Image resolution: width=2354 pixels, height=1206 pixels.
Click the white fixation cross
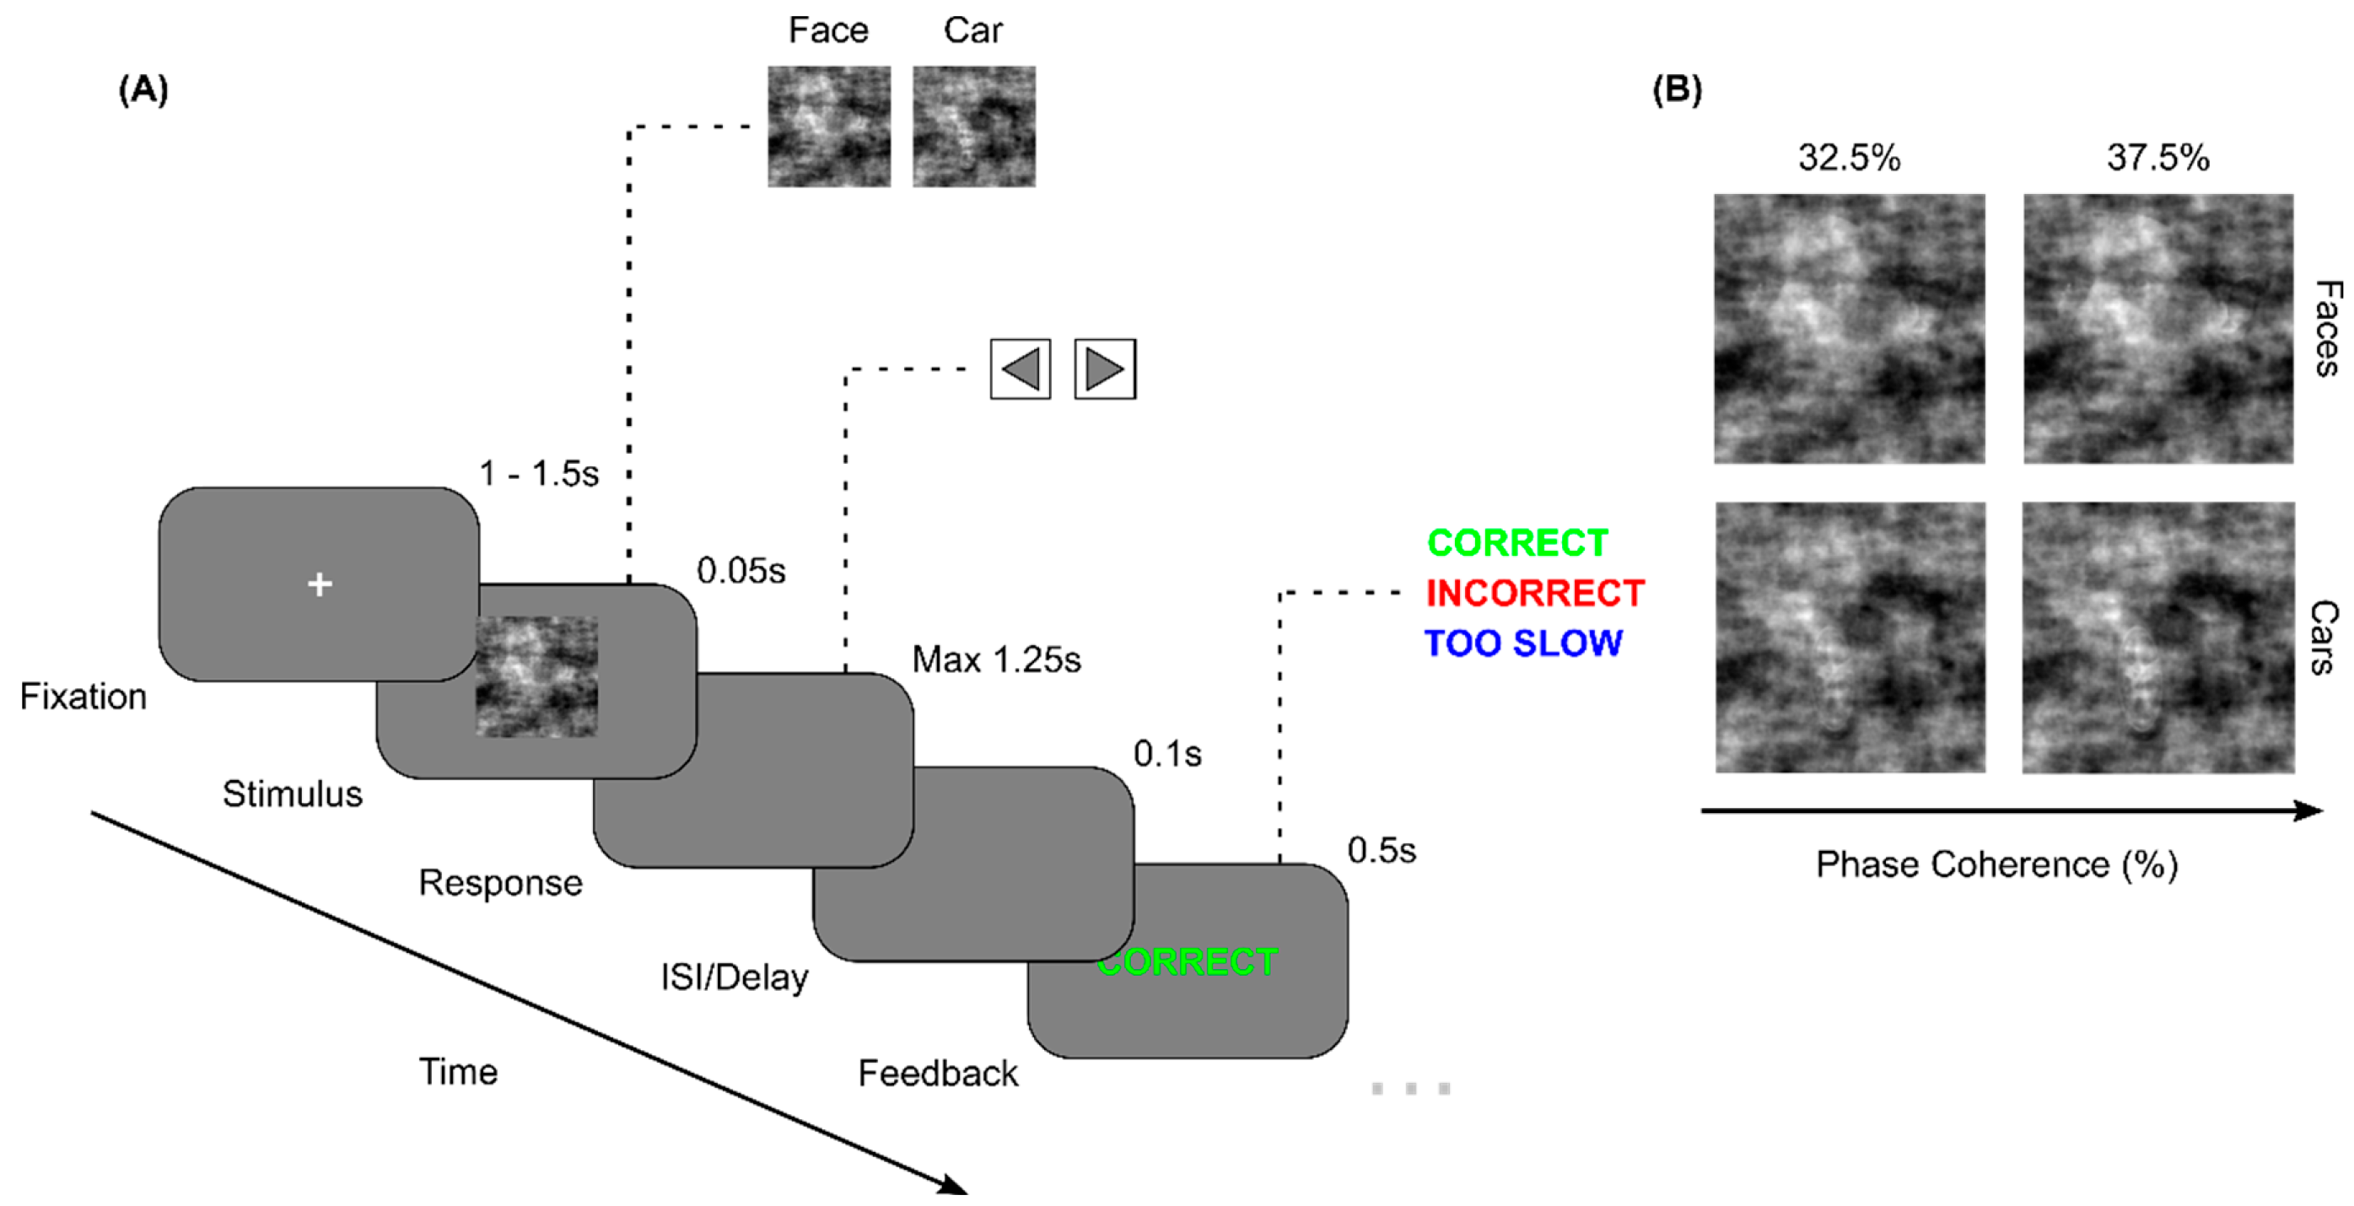pyautogui.click(x=319, y=584)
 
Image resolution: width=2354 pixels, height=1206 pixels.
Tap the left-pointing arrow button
pyautogui.click(x=1020, y=369)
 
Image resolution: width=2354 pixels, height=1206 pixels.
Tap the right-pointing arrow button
pyautogui.click(x=1105, y=369)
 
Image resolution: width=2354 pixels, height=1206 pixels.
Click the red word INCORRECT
pyautogui.click(x=1534, y=593)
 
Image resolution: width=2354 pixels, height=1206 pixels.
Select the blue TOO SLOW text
pyautogui.click(x=1522, y=643)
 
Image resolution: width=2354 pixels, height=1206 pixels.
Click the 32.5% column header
pyautogui.click(x=1849, y=157)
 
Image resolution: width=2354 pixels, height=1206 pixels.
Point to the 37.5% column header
pyautogui.click(x=2157, y=157)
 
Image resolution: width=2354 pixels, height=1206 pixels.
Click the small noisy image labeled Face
pyautogui.click(x=828, y=127)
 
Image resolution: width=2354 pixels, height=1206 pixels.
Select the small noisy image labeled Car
pyautogui.click(x=973, y=127)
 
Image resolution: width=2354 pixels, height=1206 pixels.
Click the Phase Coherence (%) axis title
pyautogui.click(x=1996, y=864)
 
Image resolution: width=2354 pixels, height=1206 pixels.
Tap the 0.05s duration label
pyautogui.click(x=741, y=571)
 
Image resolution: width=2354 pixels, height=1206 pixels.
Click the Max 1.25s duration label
pyautogui.click(x=996, y=660)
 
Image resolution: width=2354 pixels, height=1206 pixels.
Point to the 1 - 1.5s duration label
pyautogui.click(x=538, y=473)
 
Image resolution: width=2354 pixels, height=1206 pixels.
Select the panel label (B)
pyautogui.click(x=1677, y=89)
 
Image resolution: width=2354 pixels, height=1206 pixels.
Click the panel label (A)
pyautogui.click(x=143, y=89)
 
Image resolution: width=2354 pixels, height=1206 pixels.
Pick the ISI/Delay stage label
pyautogui.click(x=734, y=977)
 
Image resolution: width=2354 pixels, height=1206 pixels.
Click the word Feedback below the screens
pyautogui.click(x=938, y=1074)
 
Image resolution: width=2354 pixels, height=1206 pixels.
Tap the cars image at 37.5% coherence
pyautogui.click(x=2157, y=637)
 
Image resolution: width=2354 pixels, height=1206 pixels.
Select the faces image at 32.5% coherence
pyautogui.click(x=1849, y=328)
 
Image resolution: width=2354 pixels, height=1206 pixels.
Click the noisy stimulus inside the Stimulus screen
pyautogui.click(x=536, y=676)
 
